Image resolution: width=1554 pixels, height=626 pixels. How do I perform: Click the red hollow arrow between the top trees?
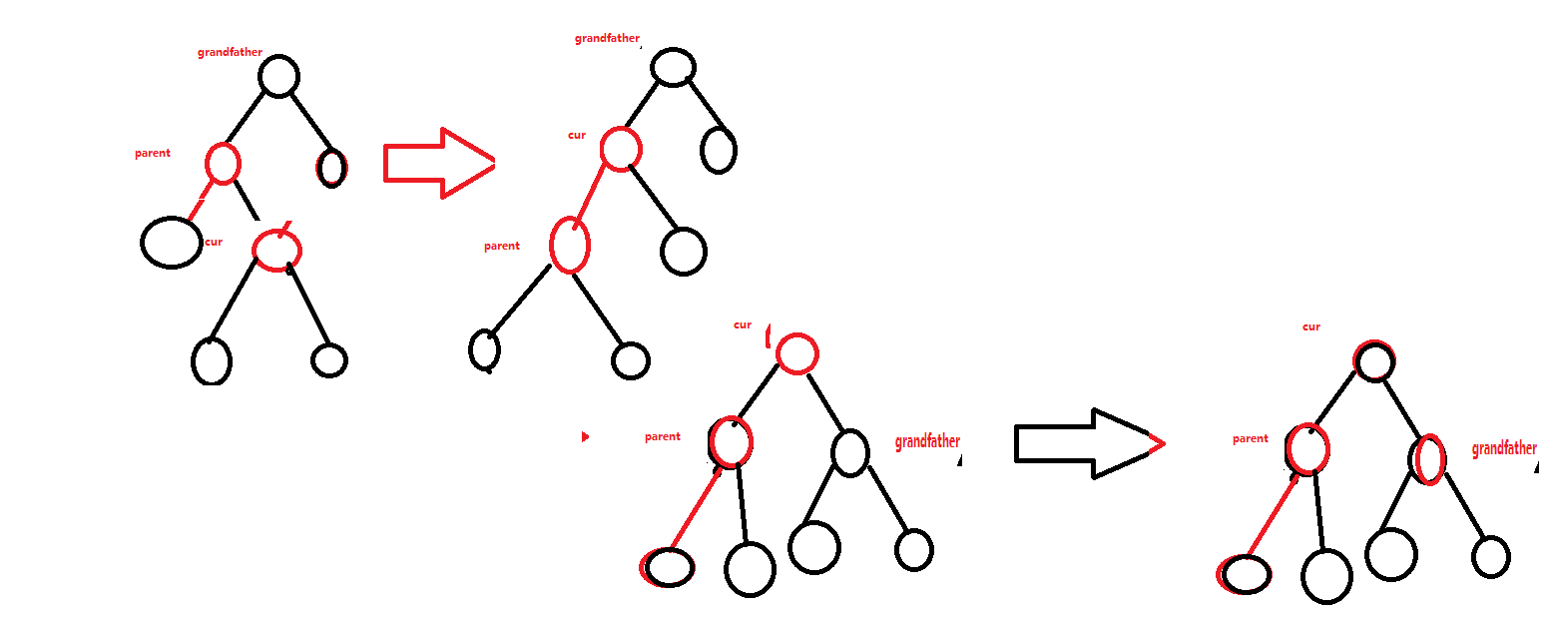(x=437, y=163)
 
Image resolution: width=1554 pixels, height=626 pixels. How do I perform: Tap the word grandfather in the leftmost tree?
(x=230, y=52)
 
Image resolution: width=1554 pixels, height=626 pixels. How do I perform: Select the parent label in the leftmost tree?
(x=153, y=154)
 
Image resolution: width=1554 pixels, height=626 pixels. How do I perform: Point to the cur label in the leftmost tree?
(x=214, y=242)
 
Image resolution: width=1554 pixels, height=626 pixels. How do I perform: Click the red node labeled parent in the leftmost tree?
(x=223, y=163)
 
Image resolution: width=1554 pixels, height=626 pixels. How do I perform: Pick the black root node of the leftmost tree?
(x=278, y=76)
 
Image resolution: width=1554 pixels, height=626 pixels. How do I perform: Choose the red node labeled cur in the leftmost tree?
(x=276, y=249)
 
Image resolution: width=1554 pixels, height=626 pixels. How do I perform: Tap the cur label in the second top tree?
(x=577, y=136)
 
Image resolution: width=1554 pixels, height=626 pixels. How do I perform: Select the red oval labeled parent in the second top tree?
(x=570, y=245)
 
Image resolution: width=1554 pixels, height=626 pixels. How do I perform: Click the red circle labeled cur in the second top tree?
(x=621, y=150)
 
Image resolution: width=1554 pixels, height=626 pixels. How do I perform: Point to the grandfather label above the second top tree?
(x=607, y=39)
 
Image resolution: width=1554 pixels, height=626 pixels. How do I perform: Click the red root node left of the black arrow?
(x=797, y=353)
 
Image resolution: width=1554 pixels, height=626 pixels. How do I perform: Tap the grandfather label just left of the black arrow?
(x=927, y=441)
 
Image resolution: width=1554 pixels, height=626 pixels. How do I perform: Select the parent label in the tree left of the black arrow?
(x=663, y=437)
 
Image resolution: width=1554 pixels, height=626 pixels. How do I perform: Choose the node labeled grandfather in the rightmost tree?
(x=1428, y=458)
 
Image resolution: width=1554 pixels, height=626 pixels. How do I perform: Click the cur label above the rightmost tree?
(x=1311, y=327)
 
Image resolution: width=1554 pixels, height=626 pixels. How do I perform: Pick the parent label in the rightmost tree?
(x=1251, y=439)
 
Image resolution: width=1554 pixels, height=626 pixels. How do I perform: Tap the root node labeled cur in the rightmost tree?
(x=1374, y=361)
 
